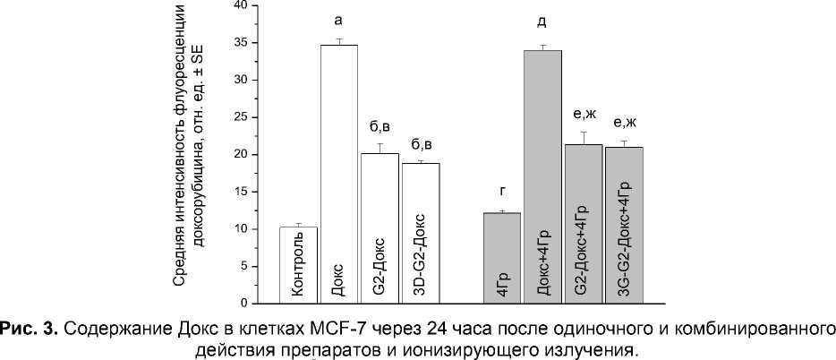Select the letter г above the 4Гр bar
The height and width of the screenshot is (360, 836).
[x=502, y=191]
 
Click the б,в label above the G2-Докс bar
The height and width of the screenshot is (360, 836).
[x=380, y=125]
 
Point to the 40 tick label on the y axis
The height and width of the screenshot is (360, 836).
[x=240, y=5]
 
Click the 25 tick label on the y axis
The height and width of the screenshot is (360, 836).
[x=240, y=117]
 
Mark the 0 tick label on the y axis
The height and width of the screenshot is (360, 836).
[x=243, y=304]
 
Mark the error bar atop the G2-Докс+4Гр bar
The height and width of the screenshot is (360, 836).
[x=583, y=138]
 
